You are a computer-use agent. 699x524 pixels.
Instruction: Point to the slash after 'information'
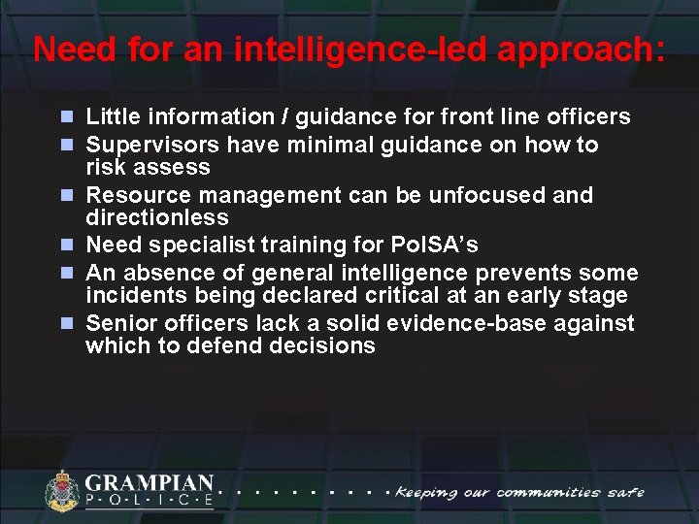[x=285, y=117]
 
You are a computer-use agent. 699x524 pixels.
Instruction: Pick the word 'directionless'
[x=156, y=217]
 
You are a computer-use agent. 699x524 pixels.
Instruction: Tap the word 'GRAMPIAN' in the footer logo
[x=149, y=482]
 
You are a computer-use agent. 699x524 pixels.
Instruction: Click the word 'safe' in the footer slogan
[x=625, y=492]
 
